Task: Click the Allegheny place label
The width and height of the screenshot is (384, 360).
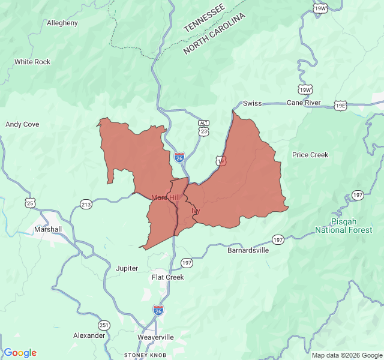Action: tap(62, 23)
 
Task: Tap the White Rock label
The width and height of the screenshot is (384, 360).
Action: tap(32, 62)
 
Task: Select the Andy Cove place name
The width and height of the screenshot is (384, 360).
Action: tap(22, 124)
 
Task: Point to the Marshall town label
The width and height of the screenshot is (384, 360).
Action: tap(48, 229)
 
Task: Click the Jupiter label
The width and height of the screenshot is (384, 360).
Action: tap(127, 268)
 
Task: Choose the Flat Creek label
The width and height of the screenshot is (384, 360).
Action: tap(167, 277)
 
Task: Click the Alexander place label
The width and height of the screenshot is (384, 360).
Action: tap(89, 335)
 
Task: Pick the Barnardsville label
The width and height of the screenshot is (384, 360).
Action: tap(248, 250)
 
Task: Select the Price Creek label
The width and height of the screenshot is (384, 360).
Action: tap(310, 155)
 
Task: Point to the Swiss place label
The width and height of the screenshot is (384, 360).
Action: tap(252, 103)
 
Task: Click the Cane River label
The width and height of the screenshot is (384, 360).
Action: tap(304, 103)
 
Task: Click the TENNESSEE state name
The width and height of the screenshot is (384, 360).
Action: tap(204, 17)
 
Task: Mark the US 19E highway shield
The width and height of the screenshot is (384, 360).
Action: tap(340, 105)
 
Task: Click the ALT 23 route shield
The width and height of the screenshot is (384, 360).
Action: tap(204, 127)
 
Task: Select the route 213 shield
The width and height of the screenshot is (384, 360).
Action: tap(86, 205)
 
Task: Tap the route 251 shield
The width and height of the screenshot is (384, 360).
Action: tap(104, 325)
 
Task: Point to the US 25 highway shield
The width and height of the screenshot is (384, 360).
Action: tap(30, 203)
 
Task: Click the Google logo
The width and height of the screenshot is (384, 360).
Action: tap(20, 353)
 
